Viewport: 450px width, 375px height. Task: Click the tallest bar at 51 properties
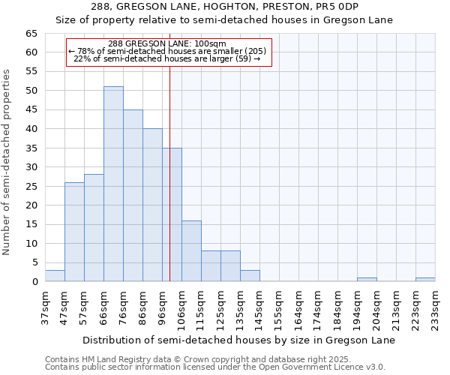pyautogui.click(x=113, y=184)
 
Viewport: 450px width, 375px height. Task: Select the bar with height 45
pyautogui.click(x=133, y=195)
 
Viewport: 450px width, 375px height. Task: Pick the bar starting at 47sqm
pyautogui.click(x=74, y=232)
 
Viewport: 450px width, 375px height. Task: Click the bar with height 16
pyautogui.click(x=191, y=250)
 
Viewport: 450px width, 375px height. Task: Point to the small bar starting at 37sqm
pyautogui.click(x=55, y=275)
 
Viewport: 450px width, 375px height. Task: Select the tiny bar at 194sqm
pyautogui.click(x=367, y=279)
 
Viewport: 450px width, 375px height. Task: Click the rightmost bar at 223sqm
pyautogui.click(x=425, y=279)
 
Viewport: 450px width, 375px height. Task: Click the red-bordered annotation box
pyautogui.click(x=168, y=52)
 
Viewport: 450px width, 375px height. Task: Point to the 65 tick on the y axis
pyautogui.click(x=31, y=34)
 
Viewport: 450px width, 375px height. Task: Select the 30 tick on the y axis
pyautogui.click(x=31, y=167)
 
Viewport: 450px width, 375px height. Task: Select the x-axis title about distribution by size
pyautogui.click(x=238, y=340)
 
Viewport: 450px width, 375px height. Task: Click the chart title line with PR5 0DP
pyautogui.click(x=225, y=7)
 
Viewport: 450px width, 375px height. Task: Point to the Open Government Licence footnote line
pyautogui.click(x=215, y=367)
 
